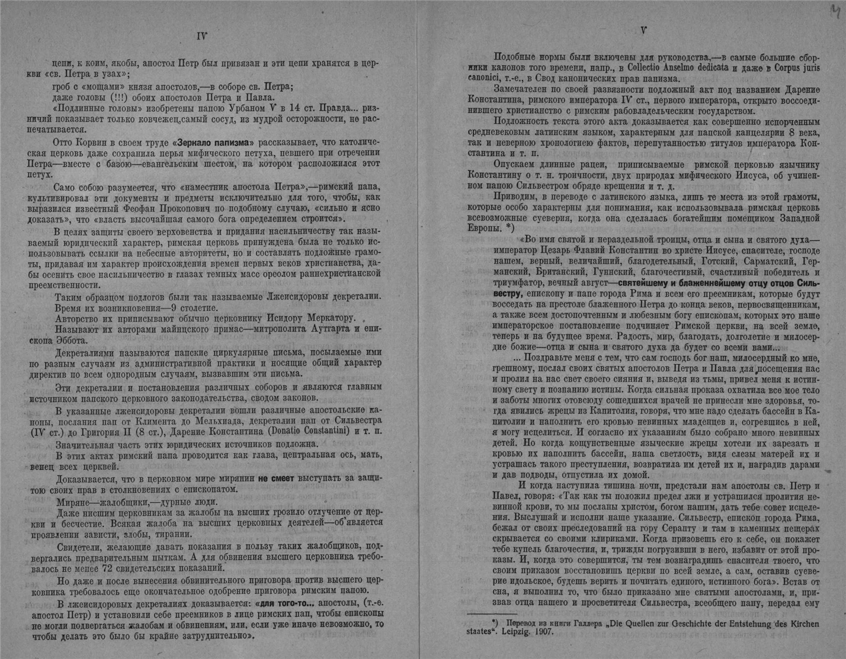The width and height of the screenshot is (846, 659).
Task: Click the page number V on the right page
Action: (x=643, y=31)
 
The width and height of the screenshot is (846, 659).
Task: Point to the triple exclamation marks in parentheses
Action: (x=125, y=98)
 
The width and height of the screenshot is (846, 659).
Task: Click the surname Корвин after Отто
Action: (x=97, y=143)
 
